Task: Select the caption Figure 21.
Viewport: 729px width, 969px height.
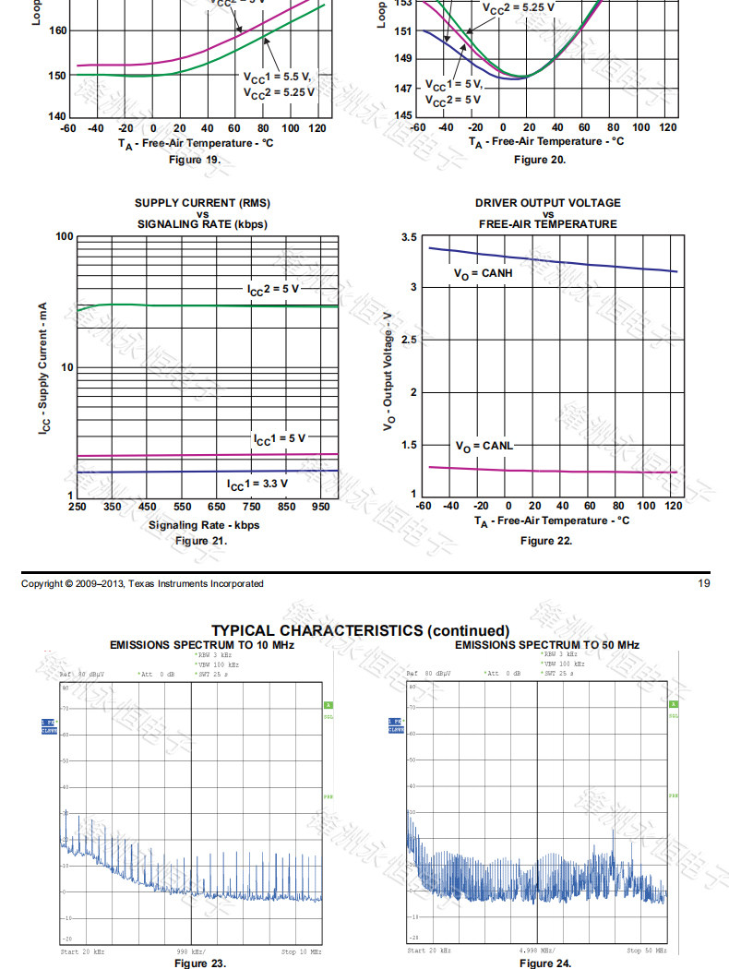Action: (200, 541)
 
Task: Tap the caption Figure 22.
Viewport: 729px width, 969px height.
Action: (546, 541)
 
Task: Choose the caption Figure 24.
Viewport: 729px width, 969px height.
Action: (545, 963)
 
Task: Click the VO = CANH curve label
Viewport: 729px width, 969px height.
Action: (483, 274)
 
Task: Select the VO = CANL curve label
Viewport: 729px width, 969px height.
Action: (484, 447)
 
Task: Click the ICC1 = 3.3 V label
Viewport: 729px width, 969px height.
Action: (257, 484)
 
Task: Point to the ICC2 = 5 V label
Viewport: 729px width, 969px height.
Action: (273, 290)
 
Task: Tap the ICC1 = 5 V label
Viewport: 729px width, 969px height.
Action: (280, 438)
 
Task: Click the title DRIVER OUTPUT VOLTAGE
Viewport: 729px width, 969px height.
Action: (548, 203)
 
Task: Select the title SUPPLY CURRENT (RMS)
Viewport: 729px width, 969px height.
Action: (203, 203)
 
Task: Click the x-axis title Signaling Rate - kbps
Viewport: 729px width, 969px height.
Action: (204, 526)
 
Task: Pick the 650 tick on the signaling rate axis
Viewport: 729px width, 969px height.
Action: (217, 507)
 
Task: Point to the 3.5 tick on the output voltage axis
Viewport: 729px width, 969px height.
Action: (409, 238)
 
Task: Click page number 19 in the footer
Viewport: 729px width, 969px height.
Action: (704, 583)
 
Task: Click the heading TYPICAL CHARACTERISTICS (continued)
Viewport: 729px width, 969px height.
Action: (360, 630)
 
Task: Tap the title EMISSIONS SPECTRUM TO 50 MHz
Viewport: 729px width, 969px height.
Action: (547, 644)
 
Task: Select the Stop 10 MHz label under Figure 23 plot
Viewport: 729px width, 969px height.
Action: (301, 951)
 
